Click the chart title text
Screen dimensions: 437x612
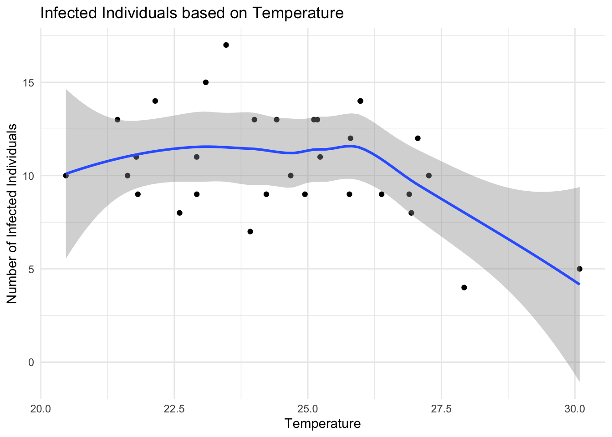point(192,13)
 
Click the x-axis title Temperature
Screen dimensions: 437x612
point(322,424)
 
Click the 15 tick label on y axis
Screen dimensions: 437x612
point(30,82)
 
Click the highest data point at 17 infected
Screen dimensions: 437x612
point(226,45)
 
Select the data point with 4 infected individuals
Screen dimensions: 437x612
point(464,288)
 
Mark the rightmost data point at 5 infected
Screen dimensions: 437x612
point(579,269)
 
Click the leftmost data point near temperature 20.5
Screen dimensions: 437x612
point(66,176)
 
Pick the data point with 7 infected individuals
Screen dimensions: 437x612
point(250,232)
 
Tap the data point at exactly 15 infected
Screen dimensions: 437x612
point(205,82)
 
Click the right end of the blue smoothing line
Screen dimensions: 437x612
point(579,284)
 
